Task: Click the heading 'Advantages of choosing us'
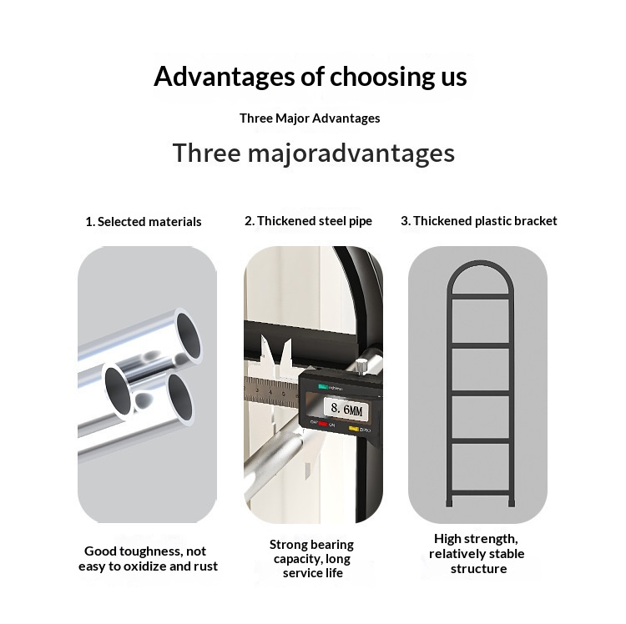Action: pos(310,77)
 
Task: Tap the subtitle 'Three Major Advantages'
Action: pos(310,118)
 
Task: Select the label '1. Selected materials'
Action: pos(144,222)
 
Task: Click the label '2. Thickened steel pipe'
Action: pos(308,221)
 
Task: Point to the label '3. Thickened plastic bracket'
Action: pos(479,221)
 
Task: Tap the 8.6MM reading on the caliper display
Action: pos(346,409)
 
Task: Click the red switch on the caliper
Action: pos(323,424)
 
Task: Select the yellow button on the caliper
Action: pos(354,429)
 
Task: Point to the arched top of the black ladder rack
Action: pos(479,264)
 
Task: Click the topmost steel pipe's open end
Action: pos(188,336)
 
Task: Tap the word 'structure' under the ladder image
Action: pos(479,569)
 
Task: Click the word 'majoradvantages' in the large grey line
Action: pos(351,154)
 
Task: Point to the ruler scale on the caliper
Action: pos(271,393)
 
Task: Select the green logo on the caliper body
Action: pos(322,386)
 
